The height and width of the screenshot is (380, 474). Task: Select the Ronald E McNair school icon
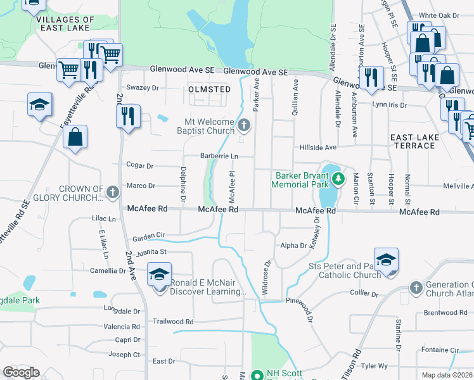click(x=159, y=275)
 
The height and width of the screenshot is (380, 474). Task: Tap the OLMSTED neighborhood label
click(x=210, y=89)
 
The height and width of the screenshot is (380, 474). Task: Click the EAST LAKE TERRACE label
click(x=413, y=141)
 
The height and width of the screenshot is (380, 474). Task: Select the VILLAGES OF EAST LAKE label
click(x=66, y=24)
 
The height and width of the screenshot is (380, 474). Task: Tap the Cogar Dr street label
click(x=141, y=166)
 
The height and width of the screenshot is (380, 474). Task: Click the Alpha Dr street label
click(x=294, y=246)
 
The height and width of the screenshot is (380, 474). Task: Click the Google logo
click(x=21, y=372)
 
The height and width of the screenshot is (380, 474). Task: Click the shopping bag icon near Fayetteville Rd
click(x=75, y=137)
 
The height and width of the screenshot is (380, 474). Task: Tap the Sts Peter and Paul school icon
click(x=386, y=260)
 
